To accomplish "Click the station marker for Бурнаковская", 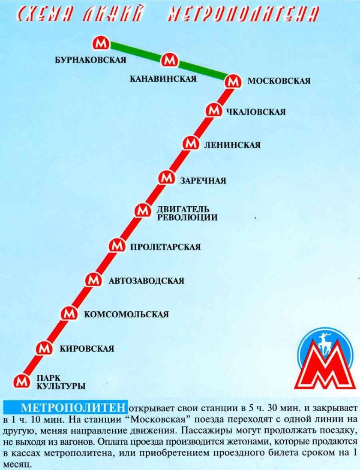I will (x=102, y=43).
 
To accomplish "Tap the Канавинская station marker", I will (x=169, y=60).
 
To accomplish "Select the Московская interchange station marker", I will (x=232, y=81).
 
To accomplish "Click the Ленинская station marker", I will (x=190, y=144).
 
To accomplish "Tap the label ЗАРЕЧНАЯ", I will (x=203, y=181).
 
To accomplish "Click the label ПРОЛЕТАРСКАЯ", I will (x=165, y=247).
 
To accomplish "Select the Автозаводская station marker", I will (x=93, y=280).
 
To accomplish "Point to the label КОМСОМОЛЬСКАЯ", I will (x=126, y=314).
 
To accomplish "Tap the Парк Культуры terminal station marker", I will (x=21, y=380).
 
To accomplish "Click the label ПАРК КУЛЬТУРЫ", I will (x=61, y=382).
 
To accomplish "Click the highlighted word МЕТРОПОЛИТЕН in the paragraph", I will (x=74, y=407).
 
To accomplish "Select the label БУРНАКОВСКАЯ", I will (x=90, y=60).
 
